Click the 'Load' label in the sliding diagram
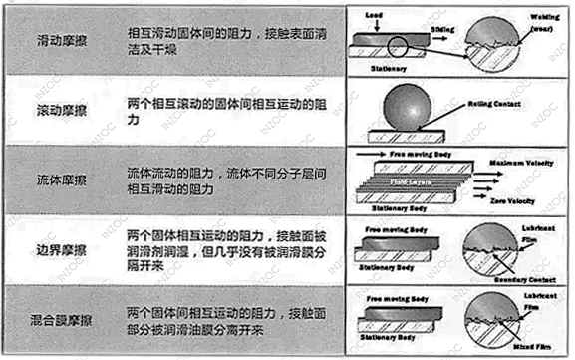pos(377,17)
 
